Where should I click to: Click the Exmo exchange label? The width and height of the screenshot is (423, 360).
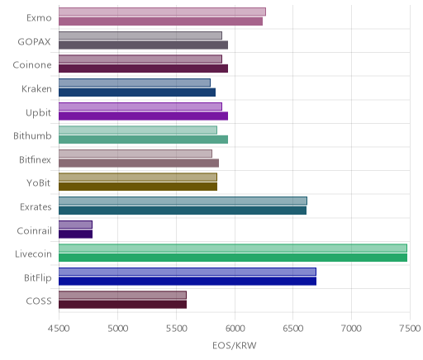39,18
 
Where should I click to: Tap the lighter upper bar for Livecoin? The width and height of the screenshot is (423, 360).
233,248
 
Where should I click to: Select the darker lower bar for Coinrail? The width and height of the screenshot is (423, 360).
75,234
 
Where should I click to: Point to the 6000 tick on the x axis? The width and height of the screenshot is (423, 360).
235,329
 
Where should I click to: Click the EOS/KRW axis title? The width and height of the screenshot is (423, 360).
235,345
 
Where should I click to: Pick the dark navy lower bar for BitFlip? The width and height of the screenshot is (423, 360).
188,282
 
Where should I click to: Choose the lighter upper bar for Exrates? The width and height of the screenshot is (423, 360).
183,201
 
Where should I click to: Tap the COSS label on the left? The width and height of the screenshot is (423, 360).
39,301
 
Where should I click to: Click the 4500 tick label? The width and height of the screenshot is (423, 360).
59,329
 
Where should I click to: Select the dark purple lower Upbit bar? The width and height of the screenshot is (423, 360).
143,116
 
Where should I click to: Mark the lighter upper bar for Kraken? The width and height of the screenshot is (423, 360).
135,83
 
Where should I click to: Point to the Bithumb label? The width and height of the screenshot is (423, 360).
32,136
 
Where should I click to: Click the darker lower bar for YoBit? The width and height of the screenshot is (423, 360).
138,187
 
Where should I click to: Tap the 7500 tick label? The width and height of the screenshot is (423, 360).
410,329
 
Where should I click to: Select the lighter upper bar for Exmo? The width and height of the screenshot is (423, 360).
162,12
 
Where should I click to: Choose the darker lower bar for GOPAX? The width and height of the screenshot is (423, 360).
143,45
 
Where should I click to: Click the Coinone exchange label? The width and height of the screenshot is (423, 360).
32,65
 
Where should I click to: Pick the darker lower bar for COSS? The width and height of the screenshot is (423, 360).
122,305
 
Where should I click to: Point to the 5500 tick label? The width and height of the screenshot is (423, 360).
177,329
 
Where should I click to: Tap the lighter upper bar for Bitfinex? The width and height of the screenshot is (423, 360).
135,154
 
